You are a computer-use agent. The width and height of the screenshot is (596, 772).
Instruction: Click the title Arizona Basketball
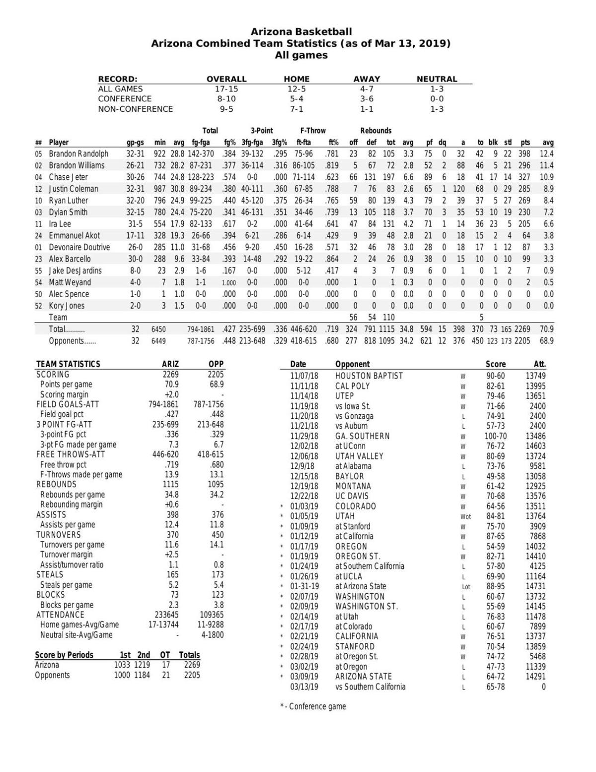(x=301, y=32)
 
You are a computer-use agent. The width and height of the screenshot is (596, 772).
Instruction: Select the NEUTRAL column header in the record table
(x=437, y=79)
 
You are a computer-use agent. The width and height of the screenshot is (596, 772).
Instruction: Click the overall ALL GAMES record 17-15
(x=226, y=89)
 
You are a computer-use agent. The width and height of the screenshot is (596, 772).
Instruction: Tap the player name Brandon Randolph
(x=78, y=154)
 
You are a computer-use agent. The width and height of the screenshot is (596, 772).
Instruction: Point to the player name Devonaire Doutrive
(x=79, y=247)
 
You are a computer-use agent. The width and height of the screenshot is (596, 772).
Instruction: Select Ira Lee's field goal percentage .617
(x=228, y=224)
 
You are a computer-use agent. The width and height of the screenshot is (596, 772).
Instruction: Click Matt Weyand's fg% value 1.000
(x=228, y=283)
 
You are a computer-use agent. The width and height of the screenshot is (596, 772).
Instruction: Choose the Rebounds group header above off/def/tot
(x=375, y=131)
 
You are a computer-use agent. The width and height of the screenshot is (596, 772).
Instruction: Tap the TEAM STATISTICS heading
(x=68, y=364)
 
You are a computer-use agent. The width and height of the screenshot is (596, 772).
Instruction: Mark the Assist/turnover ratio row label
(x=72, y=565)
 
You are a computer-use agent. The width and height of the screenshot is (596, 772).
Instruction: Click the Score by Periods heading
(x=64, y=655)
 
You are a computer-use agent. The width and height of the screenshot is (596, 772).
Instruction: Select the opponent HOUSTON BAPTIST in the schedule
(x=369, y=376)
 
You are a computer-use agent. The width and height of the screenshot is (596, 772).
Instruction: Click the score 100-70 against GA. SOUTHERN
(x=496, y=436)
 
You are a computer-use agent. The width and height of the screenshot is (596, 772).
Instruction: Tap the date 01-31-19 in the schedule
(x=304, y=586)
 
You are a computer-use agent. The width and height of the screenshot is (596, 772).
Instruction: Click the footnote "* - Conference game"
(x=313, y=706)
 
